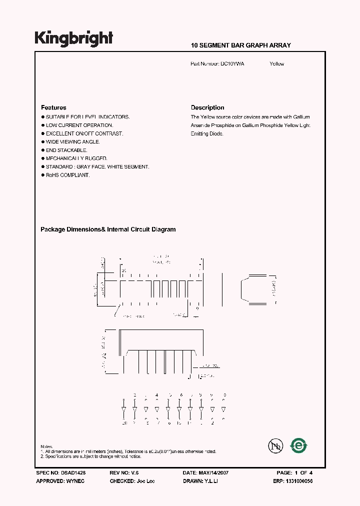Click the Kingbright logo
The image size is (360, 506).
click(x=73, y=38)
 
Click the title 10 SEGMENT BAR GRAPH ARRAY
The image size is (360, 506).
click(x=240, y=45)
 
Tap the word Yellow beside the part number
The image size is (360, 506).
click(x=276, y=64)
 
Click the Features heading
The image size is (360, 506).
click(x=53, y=107)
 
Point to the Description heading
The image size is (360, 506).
click(x=207, y=107)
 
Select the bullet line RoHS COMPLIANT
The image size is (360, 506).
click(x=67, y=175)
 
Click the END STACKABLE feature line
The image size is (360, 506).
click(x=66, y=150)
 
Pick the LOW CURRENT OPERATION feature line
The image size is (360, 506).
click(x=79, y=125)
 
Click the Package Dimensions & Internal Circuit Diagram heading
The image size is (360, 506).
click(x=108, y=229)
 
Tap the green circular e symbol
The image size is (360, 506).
click(x=299, y=445)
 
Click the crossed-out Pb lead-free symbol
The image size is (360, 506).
click(x=273, y=445)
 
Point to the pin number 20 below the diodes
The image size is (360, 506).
click(x=124, y=423)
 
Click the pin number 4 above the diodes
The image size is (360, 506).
click(x=157, y=395)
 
